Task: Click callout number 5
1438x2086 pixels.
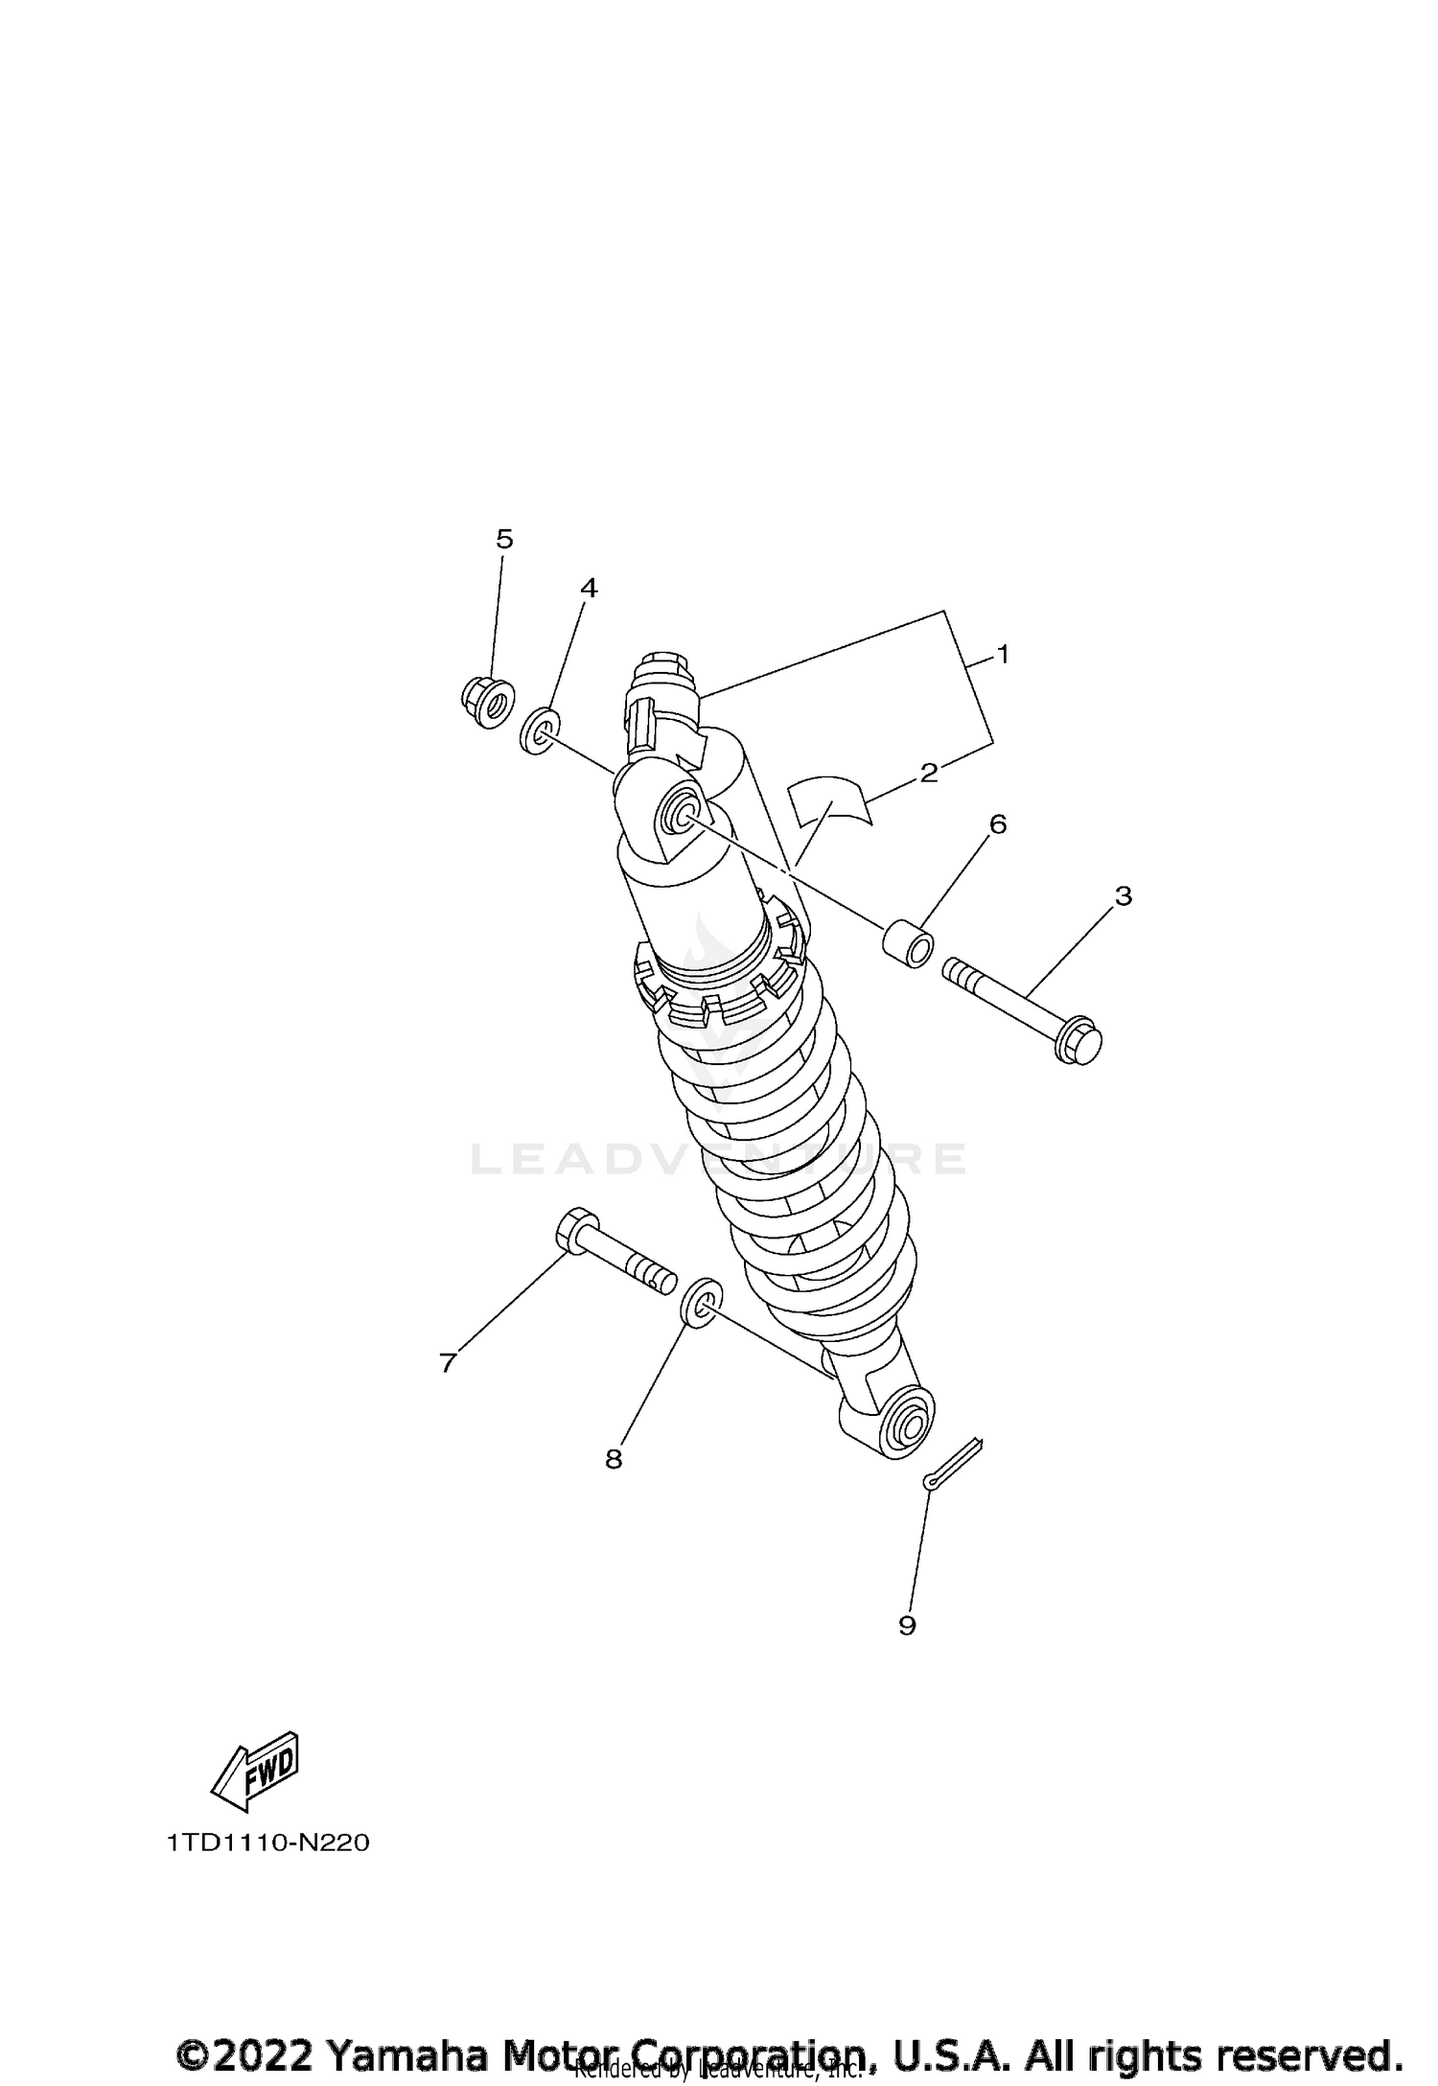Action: click(x=504, y=540)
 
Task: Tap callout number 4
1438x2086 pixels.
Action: click(x=589, y=589)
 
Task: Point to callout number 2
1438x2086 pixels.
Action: click(x=928, y=773)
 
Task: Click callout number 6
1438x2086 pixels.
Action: click(x=998, y=824)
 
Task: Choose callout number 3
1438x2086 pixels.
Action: click(x=1124, y=896)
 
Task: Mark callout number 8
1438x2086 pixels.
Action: click(x=614, y=1459)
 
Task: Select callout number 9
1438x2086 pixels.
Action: click(x=907, y=1625)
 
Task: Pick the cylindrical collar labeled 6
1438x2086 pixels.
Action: click(x=908, y=943)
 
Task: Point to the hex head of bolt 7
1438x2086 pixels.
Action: click(x=570, y=1229)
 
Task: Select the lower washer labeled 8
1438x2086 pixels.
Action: click(x=699, y=1303)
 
